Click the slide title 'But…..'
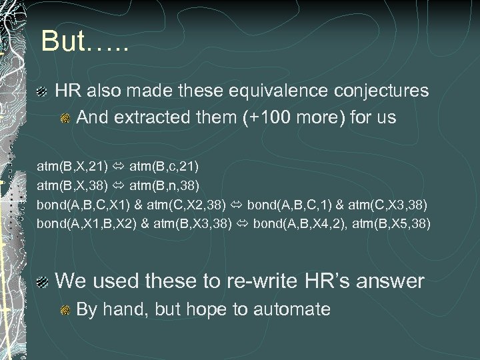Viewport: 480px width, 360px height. (84, 41)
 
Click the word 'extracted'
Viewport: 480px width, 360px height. (144, 118)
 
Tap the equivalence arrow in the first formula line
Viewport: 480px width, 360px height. (117, 164)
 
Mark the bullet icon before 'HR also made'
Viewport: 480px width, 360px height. (41, 91)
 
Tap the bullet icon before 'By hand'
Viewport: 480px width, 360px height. (65, 310)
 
